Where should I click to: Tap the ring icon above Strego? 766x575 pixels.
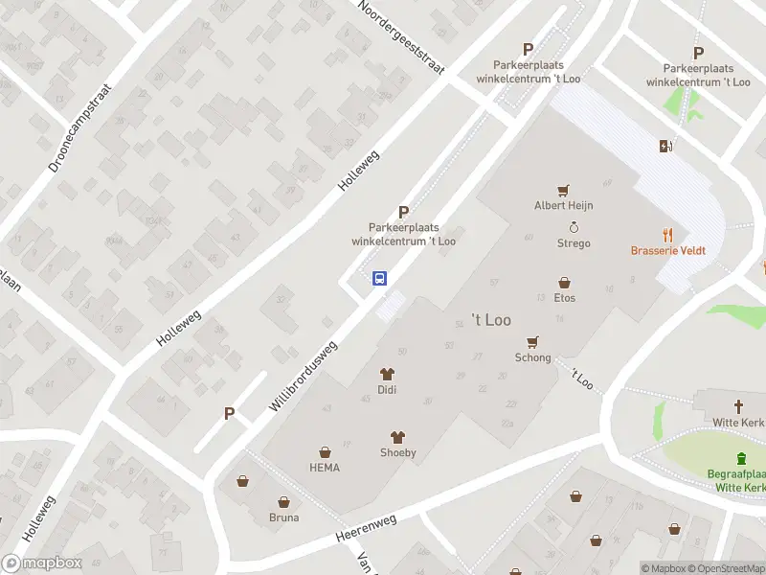(x=574, y=227)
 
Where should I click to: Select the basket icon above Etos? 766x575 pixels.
(x=565, y=283)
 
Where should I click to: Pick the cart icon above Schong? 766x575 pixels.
(x=533, y=342)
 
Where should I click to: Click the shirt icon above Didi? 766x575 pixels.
(x=388, y=374)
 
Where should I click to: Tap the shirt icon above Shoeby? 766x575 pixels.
(x=397, y=437)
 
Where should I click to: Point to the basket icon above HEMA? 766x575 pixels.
(x=325, y=451)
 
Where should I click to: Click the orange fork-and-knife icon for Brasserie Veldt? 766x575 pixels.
(x=668, y=234)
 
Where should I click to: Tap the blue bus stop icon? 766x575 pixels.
(x=380, y=279)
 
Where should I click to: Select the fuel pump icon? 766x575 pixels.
(x=665, y=146)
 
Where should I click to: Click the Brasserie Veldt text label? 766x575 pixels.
(x=668, y=251)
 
